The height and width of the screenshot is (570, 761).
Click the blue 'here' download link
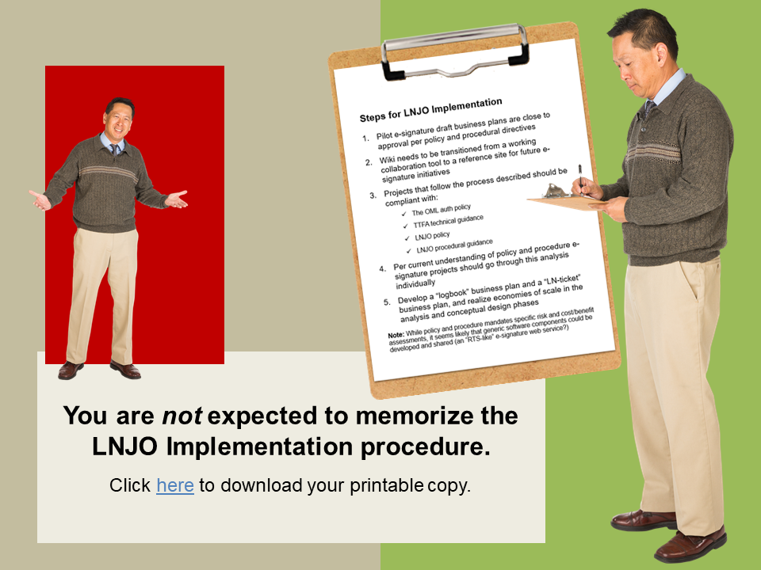click(x=174, y=485)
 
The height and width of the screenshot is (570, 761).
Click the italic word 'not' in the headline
click(x=182, y=416)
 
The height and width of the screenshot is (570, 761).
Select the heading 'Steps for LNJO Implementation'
click(x=430, y=110)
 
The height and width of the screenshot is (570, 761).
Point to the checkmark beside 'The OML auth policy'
click(x=404, y=214)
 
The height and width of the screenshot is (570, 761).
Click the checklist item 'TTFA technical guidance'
click(x=448, y=221)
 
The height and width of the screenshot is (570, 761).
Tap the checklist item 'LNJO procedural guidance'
click(x=454, y=246)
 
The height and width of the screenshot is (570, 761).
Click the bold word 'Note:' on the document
click(x=396, y=335)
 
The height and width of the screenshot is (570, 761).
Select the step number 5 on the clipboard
click(x=386, y=302)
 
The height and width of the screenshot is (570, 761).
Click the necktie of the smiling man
click(x=114, y=148)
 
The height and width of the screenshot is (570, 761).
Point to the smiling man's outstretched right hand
click(x=40, y=200)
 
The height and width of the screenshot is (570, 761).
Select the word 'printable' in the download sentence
click(x=387, y=485)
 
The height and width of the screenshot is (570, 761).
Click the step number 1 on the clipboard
click(x=365, y=138)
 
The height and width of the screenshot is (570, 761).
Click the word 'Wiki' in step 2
click(x=386, y=159)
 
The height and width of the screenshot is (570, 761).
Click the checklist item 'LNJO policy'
click(x=432, y=236)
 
